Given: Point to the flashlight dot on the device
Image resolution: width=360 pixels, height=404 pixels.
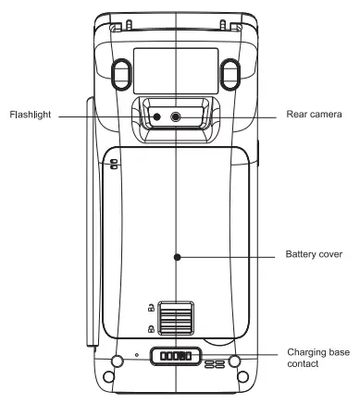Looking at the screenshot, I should [156, 116].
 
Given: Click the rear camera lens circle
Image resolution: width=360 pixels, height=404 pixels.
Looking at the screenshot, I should [178, 116].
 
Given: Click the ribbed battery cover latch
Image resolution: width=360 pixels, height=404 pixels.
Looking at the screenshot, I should [177, 320].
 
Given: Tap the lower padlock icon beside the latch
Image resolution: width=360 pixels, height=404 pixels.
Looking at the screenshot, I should [149, 329].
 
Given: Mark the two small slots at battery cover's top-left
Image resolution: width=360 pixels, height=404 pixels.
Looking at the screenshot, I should [114, 165].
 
